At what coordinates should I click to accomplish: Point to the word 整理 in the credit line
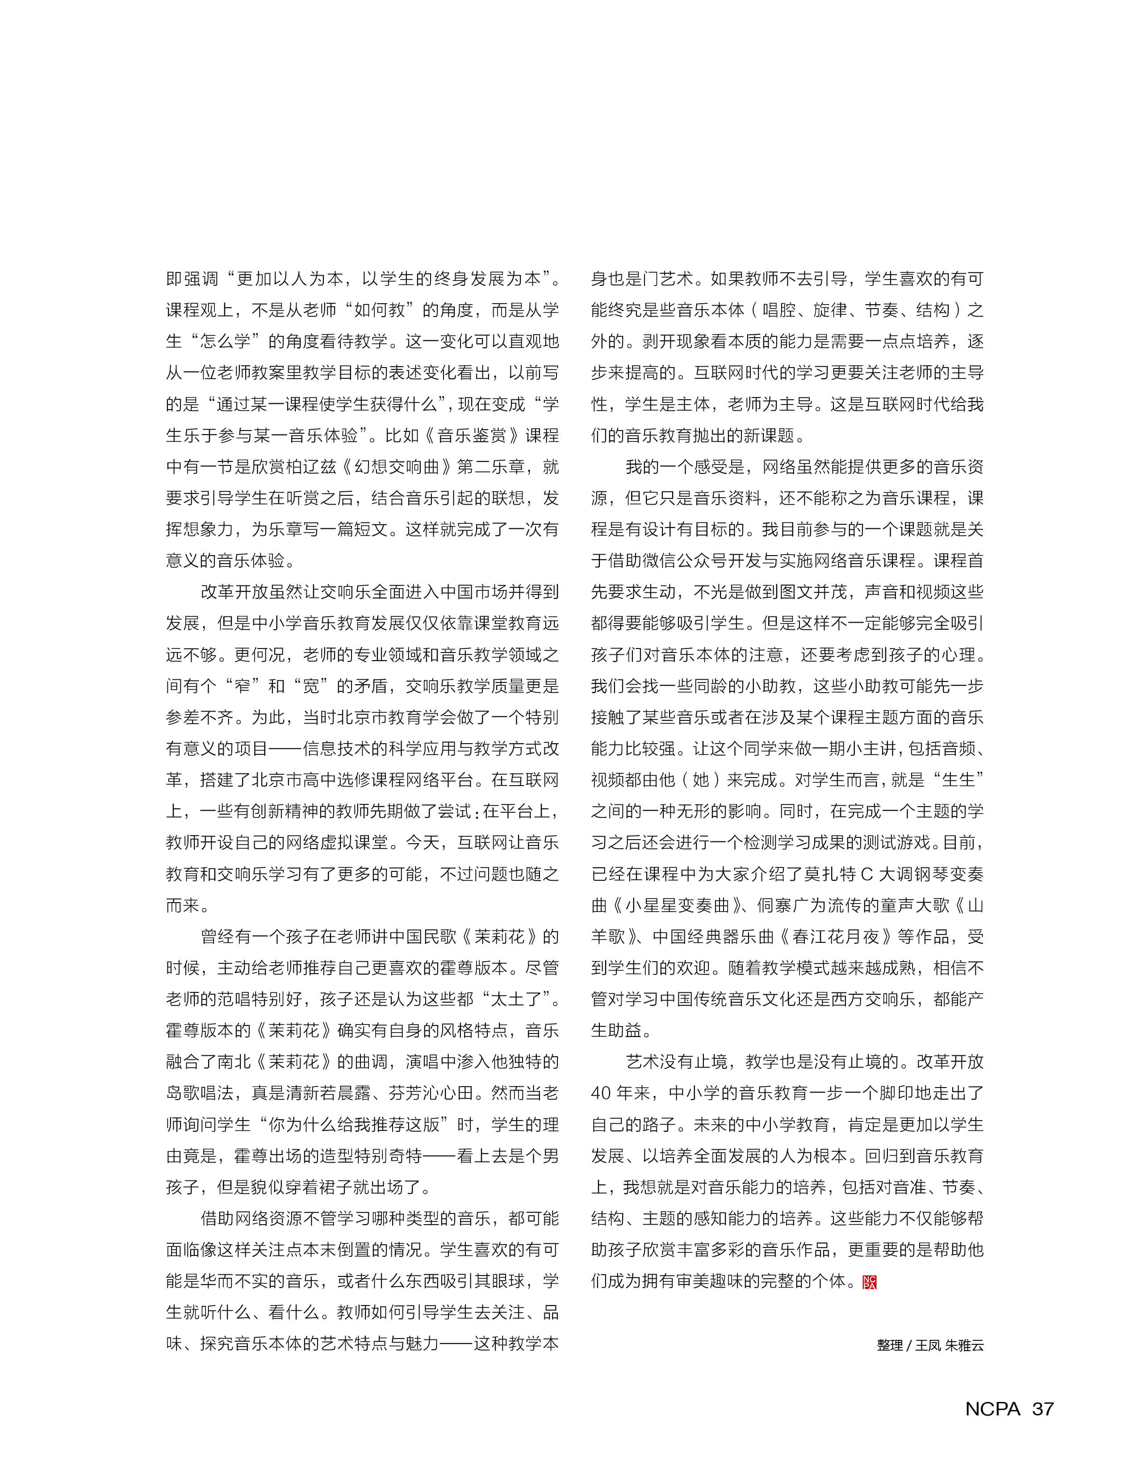[890, 1345]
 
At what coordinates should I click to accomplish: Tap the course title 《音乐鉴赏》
[472, 435]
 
